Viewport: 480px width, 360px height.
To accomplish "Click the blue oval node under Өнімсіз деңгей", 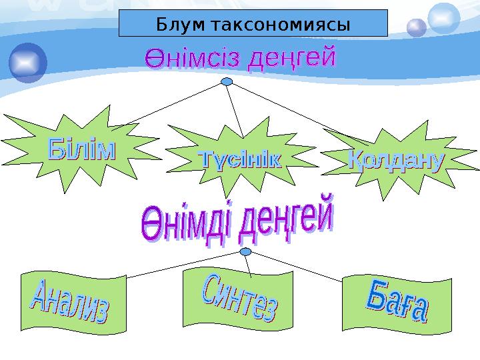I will point(227,82).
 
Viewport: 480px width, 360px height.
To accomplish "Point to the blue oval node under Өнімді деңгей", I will point(246,251).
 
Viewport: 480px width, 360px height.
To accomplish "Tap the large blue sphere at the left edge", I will point(28,63).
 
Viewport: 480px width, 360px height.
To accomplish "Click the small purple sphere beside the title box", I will point(417,27).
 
